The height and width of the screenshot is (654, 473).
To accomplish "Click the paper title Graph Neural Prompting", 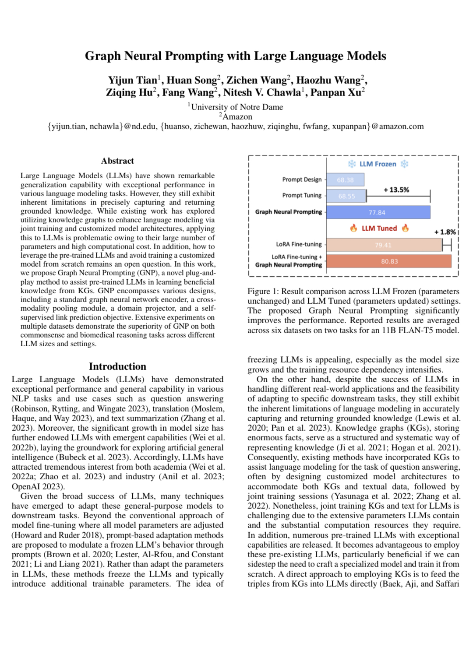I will pyautogui.click(x=236, y=56).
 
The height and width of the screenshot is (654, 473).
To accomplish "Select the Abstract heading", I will pyautogui.click(x=117, y=161).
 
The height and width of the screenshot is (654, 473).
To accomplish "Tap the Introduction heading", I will pyautogui.click(x=117, y=366).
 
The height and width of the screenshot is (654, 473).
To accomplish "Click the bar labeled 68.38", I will pyautogui.click(x=345, y=180).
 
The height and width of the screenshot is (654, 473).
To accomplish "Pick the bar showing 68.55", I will pyautogui.click(x=346, y=196).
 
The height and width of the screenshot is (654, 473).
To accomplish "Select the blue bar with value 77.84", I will pyautogui.click(x=378, y=212).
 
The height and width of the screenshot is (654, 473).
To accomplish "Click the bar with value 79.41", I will pyautogui.click(x=384, y=245).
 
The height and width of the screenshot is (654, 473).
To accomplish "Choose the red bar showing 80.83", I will pyautogui.click(x=389, y=261).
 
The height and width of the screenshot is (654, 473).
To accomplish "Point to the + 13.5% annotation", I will pyautogui.click(x=396, y=190).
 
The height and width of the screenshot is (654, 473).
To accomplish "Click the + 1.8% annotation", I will pyautogui.click(x=445, y=232).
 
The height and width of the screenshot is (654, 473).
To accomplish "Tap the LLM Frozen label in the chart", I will pyautogui.click(x=378, y=164).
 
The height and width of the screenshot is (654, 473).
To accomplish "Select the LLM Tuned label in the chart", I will pyautogui.click(x=379, y=229).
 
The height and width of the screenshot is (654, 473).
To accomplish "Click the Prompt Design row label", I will pyautogui.click(x=302, y=179).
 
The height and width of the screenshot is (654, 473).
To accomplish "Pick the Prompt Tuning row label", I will pyautogui.click(x=302, y=195).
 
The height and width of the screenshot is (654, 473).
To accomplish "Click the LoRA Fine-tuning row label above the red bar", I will pyautogui.click(x=299, y=244).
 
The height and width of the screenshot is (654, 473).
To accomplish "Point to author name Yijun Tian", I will pyautogui.click(x=133, y=81).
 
